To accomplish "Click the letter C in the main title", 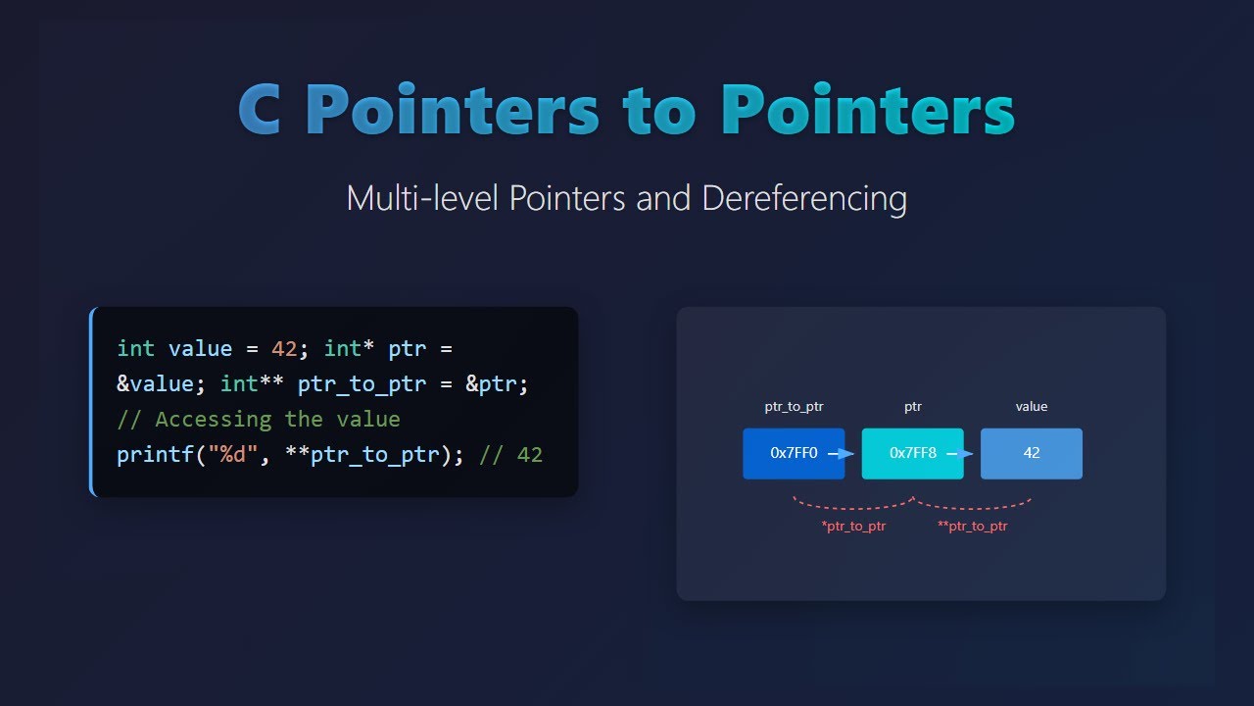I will pyautogui.click(x=265, y=110).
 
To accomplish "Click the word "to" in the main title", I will pyautogui.click(x=660, y=110).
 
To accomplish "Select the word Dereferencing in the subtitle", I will pyautogui.click(x=804, y=198).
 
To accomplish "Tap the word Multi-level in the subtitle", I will pyautogui.click(x=422, y=198).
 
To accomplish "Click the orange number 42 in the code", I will pyautogui.click(x=284, y=349).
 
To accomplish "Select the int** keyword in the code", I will pyautogui.click(x=252, y=384).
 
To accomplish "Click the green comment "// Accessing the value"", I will pyautogui.click(x=259, y=420).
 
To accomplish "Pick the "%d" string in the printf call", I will pyautogui.click(x=226, y=455).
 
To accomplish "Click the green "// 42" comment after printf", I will pyautogui.click(x=510, y=455).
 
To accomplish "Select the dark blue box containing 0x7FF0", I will pyautogui.click(x=794, y=453).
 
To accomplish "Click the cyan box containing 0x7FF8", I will pyautogui.click(x=912, y=453).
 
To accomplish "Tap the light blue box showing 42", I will pyautogui.click(x=1032, y=453).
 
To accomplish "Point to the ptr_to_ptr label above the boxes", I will pyautogui.click(x=794, y=407).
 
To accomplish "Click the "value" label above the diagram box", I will pyautogui.click(x=1032, y=407).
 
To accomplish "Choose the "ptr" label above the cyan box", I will pyautogui.click(x=912, y=407).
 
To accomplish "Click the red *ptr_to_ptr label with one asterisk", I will pyautogui.click(x=853, y=527).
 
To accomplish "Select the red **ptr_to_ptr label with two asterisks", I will pyautogui.click(x=972, y=527).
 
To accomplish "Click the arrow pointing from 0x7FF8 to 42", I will pyautogui.click(x=961, y=453).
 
